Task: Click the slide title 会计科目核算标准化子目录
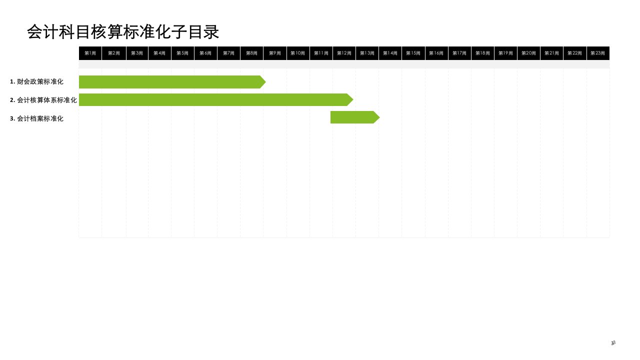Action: tap(123, 32)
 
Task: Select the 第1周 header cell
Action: tap(90, 53)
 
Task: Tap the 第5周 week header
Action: tap(182, 53)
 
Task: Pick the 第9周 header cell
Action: tap(275, 53)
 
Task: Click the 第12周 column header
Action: tap(344, 53)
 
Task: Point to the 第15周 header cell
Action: tap(413, 53)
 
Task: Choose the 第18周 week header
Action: tap(482, 53)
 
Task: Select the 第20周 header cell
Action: tap(528, 53)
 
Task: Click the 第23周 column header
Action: tap(597, 53)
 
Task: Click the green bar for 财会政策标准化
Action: tap(170, 82)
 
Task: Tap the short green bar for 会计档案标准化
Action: tap(352, 117)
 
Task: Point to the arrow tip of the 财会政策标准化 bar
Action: tap(263, 82)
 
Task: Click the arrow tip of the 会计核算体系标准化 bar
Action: tap(350, 99)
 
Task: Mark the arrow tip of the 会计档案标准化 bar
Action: tap(377, 117)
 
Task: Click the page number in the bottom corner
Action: tap(613, 343)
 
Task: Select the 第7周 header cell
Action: tap(228, 53)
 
